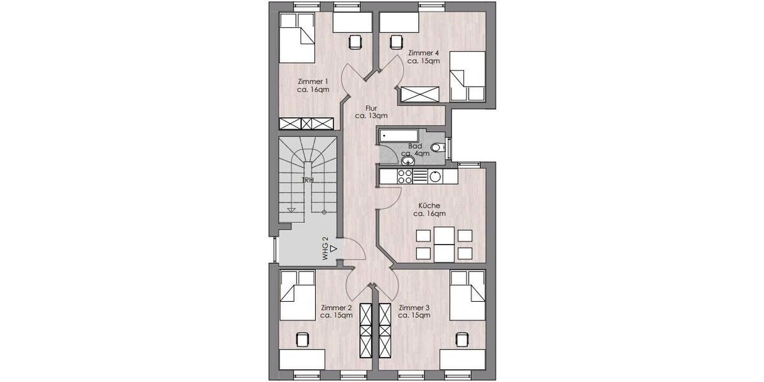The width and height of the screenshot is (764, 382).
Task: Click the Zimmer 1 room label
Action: point(313,85)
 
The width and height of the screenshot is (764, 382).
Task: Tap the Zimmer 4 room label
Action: point(423,57)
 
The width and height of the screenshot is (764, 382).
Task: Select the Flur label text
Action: point(371,112)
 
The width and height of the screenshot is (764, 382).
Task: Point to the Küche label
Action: point(430,209)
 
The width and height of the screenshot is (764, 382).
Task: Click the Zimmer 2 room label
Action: point(336,311)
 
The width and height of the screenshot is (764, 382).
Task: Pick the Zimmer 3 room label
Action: point(414,311)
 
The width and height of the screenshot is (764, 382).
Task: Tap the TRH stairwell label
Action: point(308,180)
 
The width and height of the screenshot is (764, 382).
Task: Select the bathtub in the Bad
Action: point(399,136)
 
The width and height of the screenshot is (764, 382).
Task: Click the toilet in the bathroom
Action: point(437,148)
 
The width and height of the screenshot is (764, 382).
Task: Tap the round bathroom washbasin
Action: point(407,162)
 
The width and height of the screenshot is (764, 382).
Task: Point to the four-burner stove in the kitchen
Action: point(406,176)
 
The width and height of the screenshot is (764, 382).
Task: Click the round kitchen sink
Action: point(435,176)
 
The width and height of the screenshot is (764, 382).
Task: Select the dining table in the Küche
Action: point(444,244)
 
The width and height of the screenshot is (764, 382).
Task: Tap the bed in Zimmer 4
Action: point(468,76)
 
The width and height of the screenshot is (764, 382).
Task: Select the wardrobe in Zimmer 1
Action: point(307,124)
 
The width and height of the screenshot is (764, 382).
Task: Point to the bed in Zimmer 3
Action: point(468,295)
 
